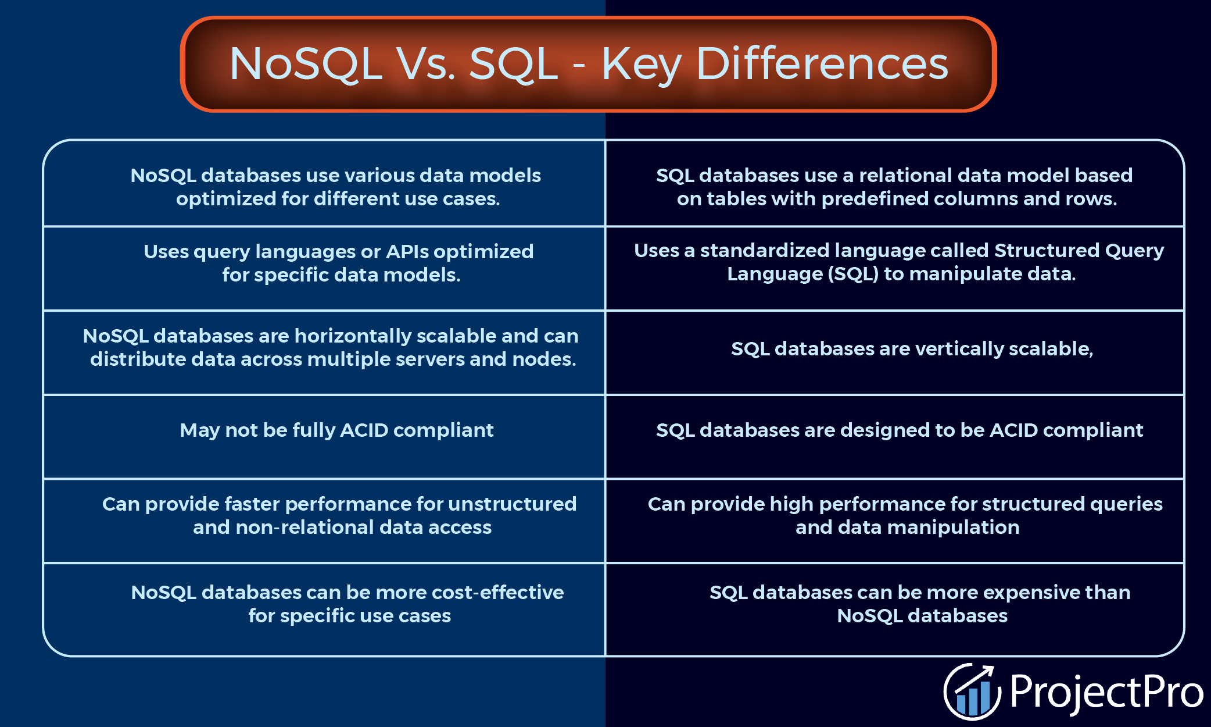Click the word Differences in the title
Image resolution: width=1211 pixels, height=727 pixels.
822,64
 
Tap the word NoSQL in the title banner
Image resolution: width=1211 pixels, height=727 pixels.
306,64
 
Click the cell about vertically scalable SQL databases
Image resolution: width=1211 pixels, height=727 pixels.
912,349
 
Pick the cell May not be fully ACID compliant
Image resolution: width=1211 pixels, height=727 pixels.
336,430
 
